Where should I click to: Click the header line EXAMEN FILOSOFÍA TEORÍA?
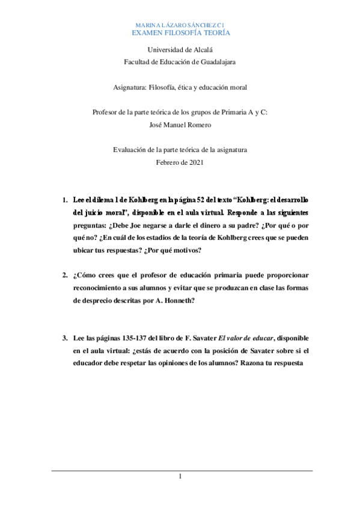[180, 32]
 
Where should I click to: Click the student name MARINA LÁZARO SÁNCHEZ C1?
[180, 24]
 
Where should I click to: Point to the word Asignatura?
[130, 88]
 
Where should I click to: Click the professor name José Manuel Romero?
[180, 124]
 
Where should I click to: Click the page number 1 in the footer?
[180, 478]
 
